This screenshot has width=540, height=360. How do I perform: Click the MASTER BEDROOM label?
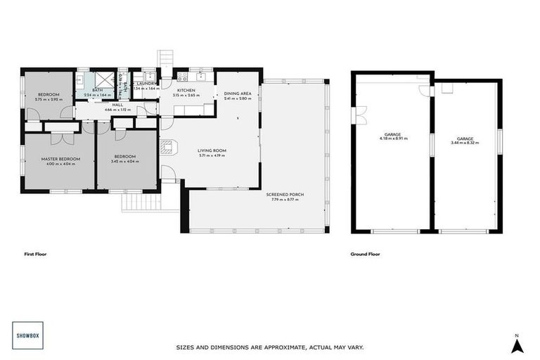(60, 159)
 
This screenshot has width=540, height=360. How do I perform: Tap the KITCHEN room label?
(186, 91)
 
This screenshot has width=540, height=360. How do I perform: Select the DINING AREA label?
(238, 94)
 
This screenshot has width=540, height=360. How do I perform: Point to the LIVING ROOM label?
(211, 150)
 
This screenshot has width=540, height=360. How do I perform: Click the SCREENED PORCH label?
(285, 195)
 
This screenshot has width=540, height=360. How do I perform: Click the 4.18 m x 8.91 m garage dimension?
(392, 139)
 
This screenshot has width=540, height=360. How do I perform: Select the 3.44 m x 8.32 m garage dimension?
(465, 143)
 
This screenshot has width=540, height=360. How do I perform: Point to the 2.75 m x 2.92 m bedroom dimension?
(49, 99)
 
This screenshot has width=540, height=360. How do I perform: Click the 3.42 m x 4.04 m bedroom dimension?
(124, 162)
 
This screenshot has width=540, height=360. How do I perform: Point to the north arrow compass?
(517, 344)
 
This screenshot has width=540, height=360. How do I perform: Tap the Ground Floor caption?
(365, 254)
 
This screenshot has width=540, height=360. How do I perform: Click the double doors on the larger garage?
(361, 112)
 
